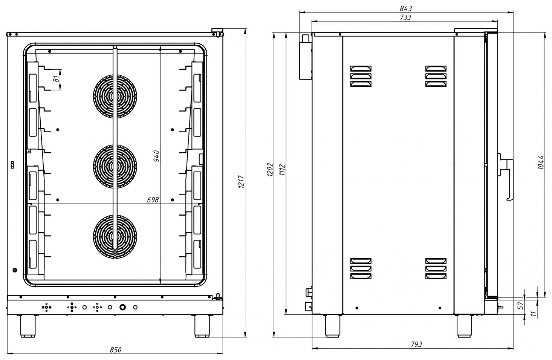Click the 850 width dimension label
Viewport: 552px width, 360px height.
[116, 350]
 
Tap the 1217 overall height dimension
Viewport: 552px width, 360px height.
[241, 182]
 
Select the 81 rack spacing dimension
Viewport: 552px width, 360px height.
[57, 79]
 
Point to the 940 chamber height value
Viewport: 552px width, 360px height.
[156, 156]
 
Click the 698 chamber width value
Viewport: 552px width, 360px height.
[153, 200]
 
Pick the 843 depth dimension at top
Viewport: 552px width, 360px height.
[406, 9]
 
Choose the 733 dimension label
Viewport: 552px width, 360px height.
[405, 17]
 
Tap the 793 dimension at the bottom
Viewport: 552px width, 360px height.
[416, 344]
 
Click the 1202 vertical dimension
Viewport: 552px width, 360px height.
[270, 170]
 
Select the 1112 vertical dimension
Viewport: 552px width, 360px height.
[282, 170]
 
